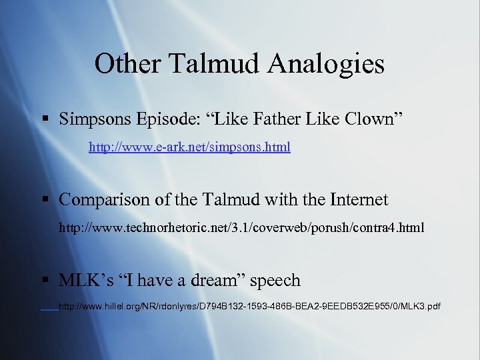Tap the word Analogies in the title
pos(327,64)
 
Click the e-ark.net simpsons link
pos(189,147)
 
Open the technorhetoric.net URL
pos(241,228)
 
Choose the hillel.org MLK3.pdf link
pos(249,307)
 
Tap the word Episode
pos(168,120)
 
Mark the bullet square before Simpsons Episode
pos(45,120)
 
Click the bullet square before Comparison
pos(45,200)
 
